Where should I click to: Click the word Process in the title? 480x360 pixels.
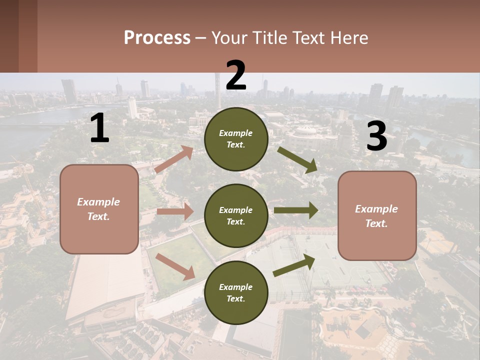click(x=157, y=38)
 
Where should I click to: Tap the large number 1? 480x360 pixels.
click(x=99, y=128)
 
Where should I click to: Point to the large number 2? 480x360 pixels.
click(x=236, y=75)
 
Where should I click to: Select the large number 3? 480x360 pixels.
click(x=376, y=136)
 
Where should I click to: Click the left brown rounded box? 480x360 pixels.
click(x=99, y=209)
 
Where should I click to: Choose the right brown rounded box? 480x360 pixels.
click(x=377, y=215)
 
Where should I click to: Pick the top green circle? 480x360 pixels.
click(x=236, y=139)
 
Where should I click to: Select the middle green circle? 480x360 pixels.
click(x=236, y=215)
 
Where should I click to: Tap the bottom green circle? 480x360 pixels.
click(x=236, y=292)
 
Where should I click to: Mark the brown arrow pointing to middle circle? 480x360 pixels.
click(x=175, y=211)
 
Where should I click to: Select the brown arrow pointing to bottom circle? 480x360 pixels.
click(x=175, y=266)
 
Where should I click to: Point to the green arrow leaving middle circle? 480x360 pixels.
click(x=296, y=210)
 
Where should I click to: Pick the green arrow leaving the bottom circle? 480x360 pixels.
click(x=294, y=265)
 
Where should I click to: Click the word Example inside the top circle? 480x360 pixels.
click(x=236, y=133)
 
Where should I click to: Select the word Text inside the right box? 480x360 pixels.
click(x=376, y=223)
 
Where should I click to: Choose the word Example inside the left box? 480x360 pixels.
click(x=98, y=202)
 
